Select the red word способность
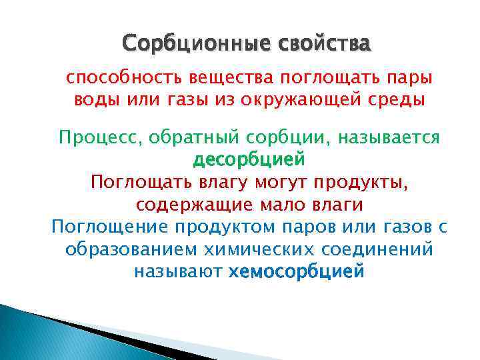click(x=112, y=79)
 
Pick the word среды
click(x=400, y=101)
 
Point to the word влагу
click(x=215, y=181)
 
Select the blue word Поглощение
click(x=110, y=227)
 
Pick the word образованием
click(x=125, y=249)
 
